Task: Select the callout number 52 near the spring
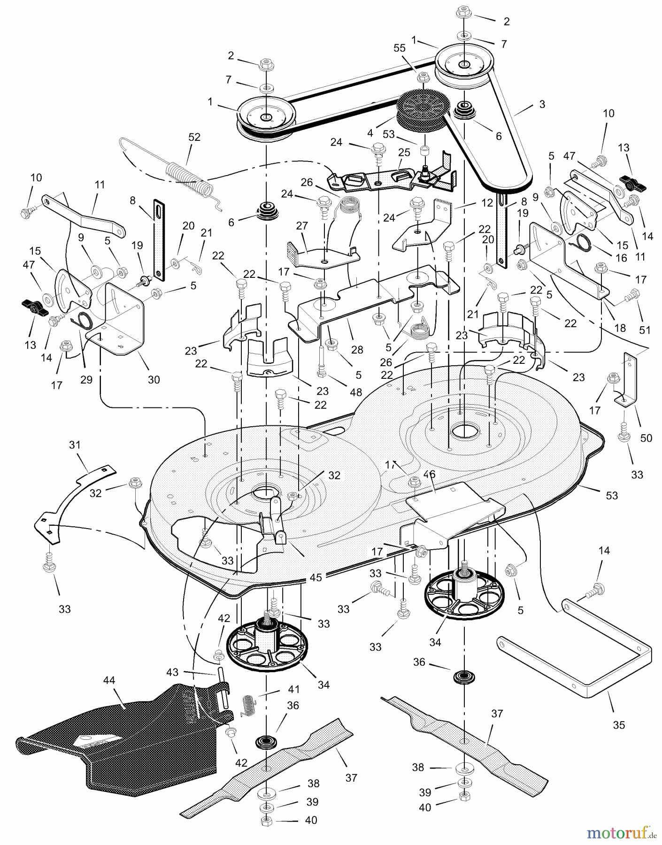click(x=194, y=137)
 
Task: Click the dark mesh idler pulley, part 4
click(x=423, y=110)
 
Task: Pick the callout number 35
click(x=619, y=725)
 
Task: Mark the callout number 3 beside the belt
click(x=542, y=104)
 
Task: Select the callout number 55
click(x=399, y=47)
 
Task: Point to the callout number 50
click(x=646, y=438)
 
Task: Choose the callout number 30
click(x=154, y=379)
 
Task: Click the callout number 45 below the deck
click(x=316, y=577)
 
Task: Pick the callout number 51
click(x=645, y=330)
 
